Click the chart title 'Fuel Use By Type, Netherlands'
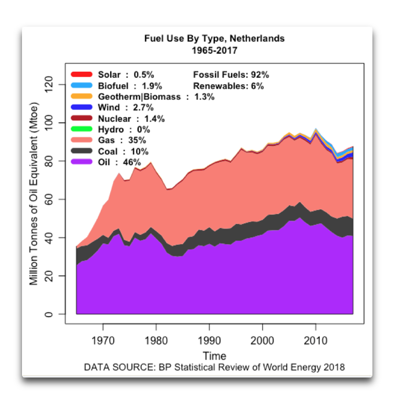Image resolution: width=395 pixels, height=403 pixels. [214, 39]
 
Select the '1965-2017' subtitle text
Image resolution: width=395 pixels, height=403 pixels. [214, 50]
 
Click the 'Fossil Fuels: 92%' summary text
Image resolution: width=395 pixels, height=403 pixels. [231, 75]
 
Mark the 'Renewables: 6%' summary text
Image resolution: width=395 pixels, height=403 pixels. [228, 86]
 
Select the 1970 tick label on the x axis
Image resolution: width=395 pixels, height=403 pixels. [103, 339]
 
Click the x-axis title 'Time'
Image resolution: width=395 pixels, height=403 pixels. [214, 355]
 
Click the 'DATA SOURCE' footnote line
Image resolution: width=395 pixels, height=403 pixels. [214, 367]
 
